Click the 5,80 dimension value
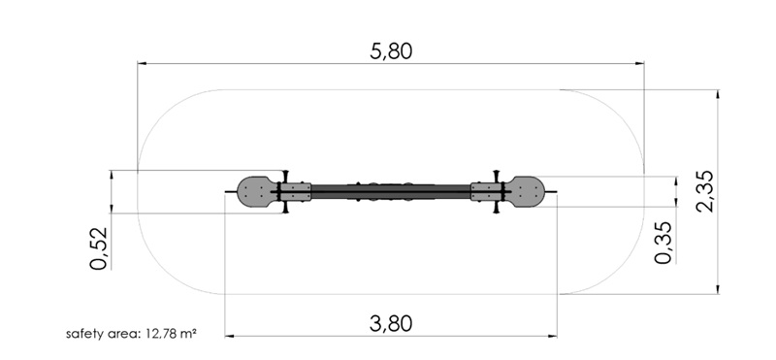point(391,51)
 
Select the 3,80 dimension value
point(391,324)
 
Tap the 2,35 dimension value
point(705,191)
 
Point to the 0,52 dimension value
point(99,248)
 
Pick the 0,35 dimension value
point(663,243)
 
